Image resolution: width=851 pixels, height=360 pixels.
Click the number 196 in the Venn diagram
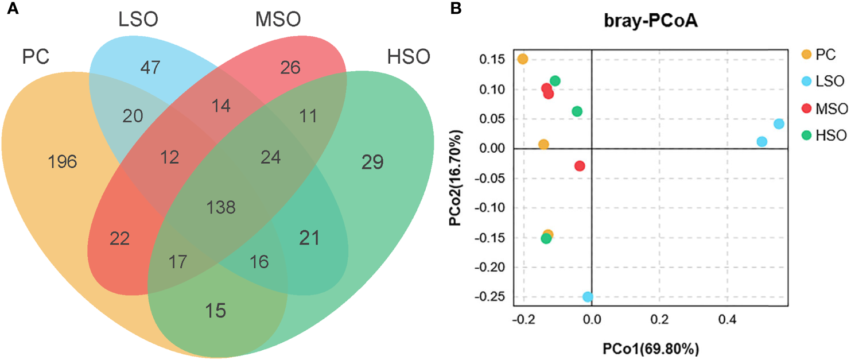[63, 162]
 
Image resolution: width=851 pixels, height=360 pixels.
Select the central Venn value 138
[222, 207]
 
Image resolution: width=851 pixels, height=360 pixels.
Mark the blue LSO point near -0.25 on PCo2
[588, 297]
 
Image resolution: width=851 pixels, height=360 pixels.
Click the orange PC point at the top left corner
[522, 59]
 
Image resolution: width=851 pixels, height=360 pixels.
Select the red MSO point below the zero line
[580, 166]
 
